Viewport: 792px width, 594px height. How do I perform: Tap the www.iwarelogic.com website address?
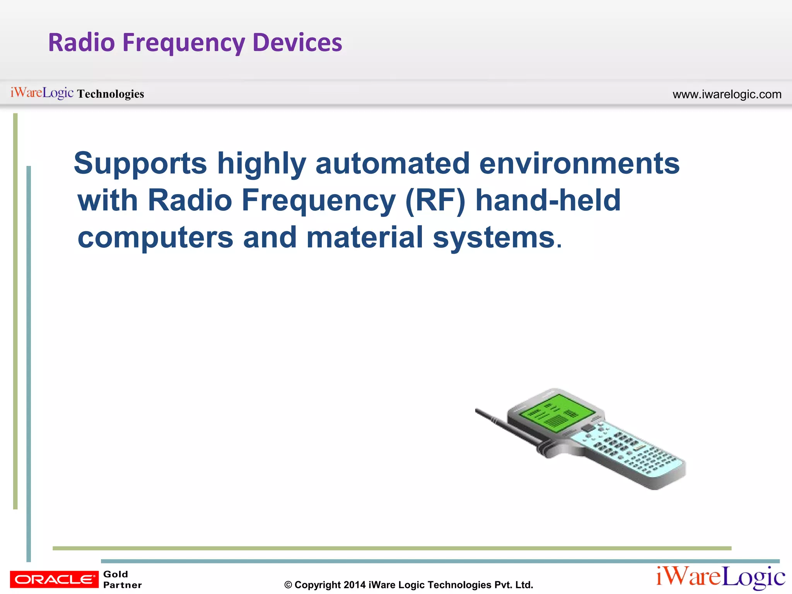pos(727,94)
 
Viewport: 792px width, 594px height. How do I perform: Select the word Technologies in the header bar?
pos(110,94)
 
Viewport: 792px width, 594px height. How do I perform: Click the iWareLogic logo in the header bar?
pos(42,93)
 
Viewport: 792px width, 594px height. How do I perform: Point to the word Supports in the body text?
pos(140,164)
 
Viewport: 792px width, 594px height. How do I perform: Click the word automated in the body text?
pos(392,164)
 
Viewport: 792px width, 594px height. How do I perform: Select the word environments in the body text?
pos(579,164)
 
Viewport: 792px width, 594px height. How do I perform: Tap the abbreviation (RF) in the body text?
pos(435,200)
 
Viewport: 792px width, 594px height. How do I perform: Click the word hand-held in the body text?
pos(548,200)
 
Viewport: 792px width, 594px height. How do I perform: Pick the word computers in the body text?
pos(155,237)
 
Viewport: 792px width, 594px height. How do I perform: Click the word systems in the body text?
pos(493,237)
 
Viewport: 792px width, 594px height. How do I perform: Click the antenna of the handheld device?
pos(503,425)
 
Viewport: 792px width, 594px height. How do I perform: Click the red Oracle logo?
pos(54,579)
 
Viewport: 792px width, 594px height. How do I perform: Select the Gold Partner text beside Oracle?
pos(122,579)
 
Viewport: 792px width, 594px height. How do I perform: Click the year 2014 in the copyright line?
pos(354,585)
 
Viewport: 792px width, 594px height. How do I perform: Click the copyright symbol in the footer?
pos(288,585)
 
